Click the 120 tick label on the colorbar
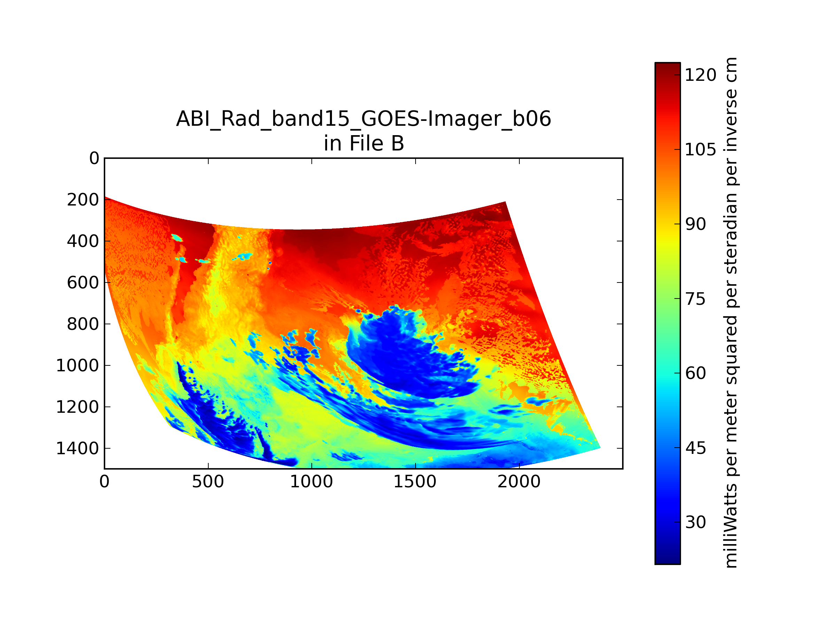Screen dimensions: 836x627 click(700, 75)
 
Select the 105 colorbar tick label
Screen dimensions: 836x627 click(700, 150)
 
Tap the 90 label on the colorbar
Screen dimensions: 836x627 click(695, 224)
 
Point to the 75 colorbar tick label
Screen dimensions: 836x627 click(695, 299)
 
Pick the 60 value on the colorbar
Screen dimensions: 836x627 click(695, 373)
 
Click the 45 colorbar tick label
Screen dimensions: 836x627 click(695, 448)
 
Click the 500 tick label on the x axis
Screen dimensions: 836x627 click(208, 482)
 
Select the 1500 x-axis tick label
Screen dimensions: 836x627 click(415, 482)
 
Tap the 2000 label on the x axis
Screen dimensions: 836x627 click(519, 482)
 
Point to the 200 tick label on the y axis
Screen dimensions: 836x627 click(83, 200)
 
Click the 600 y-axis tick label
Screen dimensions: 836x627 click(83, 283)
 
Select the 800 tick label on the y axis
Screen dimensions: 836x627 click(83, 324)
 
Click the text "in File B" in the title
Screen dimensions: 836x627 click(364, 144)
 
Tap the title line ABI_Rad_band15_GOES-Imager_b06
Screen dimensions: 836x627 click(364, 119)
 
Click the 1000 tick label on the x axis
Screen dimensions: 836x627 click(311, 482)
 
